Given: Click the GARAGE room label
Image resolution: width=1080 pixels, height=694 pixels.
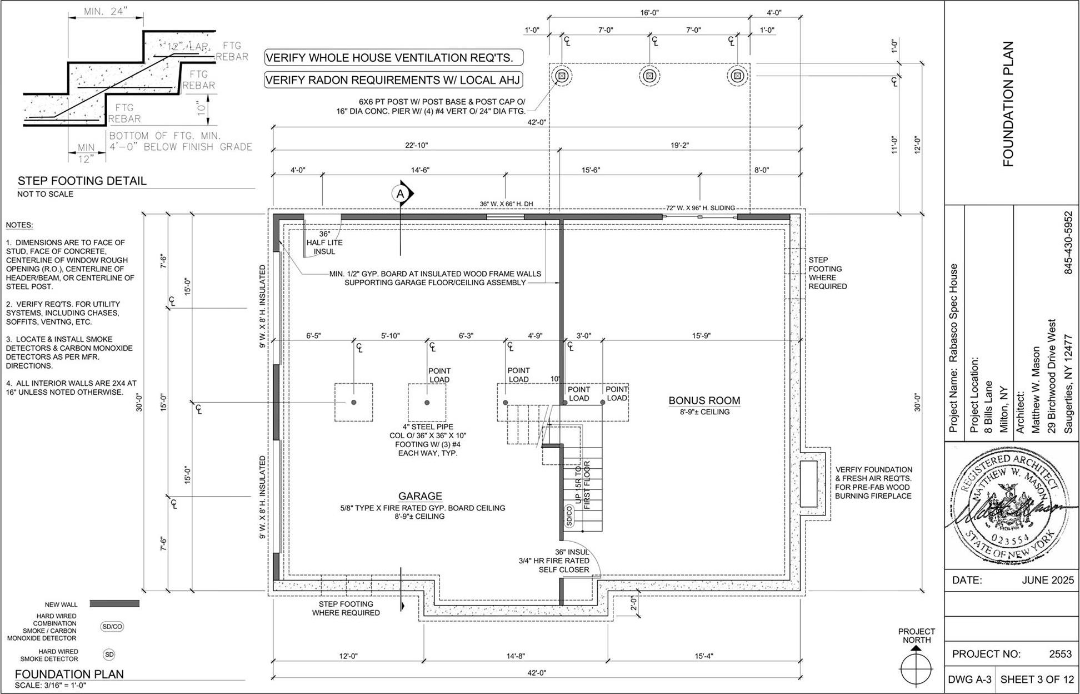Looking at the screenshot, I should point(420,496).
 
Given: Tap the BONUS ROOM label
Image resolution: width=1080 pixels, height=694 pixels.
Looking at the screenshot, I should point(704,400).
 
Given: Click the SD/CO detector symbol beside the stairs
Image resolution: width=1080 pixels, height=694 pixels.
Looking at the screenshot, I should point(569,516).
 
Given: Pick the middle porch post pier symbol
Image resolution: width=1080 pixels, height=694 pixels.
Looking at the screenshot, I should point(650,76).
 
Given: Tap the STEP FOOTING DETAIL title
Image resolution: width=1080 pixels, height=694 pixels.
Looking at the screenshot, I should point(82,181).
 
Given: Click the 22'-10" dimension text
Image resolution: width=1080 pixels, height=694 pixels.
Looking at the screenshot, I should point(417,146).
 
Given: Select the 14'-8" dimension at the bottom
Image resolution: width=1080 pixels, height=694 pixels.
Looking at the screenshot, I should point(515,657).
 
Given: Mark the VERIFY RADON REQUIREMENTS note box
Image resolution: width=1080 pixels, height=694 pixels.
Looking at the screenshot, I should point(393,80).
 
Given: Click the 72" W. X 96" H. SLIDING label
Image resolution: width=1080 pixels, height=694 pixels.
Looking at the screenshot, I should point(701,208).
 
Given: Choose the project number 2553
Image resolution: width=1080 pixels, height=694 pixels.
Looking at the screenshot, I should point(1059,654).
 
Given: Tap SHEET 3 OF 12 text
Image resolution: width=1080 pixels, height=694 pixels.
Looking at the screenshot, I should point(1036,680).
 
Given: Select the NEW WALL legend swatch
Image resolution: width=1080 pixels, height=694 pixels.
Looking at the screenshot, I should point(114,604).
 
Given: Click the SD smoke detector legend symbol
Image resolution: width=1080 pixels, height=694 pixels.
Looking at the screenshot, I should point(109,655).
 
